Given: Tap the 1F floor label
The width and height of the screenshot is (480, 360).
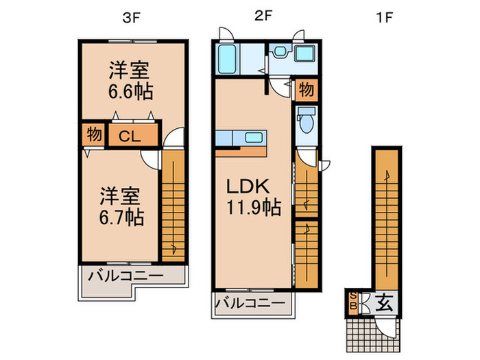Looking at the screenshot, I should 383,19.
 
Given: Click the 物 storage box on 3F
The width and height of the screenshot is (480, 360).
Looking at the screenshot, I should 95,134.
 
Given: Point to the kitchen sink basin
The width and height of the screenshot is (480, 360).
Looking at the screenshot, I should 254,137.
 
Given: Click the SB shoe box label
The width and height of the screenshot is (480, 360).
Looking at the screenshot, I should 353,300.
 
